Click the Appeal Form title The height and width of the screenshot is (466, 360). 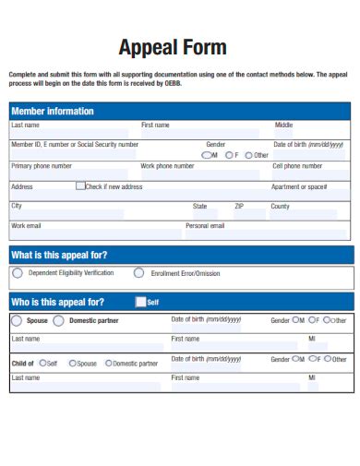173,48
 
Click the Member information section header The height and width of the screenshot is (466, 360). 53,111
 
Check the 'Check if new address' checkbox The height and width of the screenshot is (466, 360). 80,186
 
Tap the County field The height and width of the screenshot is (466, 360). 309,215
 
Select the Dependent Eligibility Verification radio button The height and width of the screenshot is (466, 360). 18,273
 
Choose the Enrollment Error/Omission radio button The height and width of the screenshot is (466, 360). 139,273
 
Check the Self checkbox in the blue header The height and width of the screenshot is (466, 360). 140,302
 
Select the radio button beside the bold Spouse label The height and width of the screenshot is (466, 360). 18,321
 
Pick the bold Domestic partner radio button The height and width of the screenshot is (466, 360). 59,321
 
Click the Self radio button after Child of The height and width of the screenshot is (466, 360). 41,364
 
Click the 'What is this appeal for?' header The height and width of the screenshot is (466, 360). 59,255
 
